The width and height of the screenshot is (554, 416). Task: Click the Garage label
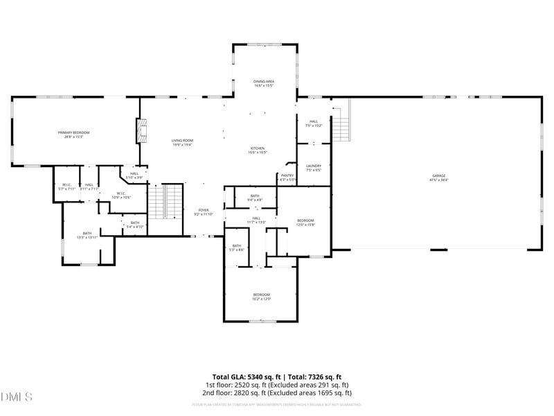click(439, 177)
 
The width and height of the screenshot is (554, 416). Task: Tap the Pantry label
click(287, 177)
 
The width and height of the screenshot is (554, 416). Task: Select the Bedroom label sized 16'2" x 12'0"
click(261, 297)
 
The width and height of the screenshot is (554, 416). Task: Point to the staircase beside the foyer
click(166, 201)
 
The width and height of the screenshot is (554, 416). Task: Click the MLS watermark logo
click(17, 397)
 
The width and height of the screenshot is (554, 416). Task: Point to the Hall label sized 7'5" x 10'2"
click(314, 123)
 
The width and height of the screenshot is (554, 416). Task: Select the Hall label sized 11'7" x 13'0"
click(256, 220)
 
